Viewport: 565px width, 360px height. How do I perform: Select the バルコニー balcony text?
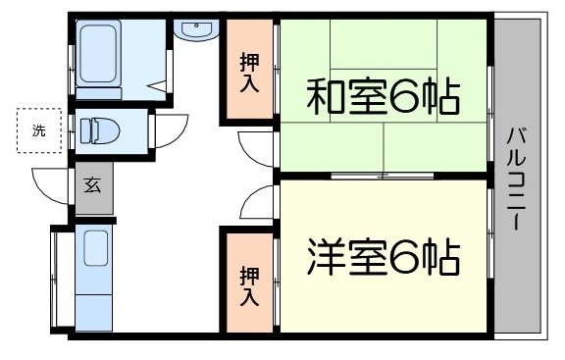(x=514, y=178)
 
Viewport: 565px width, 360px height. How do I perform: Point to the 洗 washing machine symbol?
(x=38, y=131)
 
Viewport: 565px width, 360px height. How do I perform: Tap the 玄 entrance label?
(x=92, y=184)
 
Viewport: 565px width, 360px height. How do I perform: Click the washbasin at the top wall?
(x=196, y=30)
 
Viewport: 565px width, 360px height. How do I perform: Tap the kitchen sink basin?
(x=96, y=249)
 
